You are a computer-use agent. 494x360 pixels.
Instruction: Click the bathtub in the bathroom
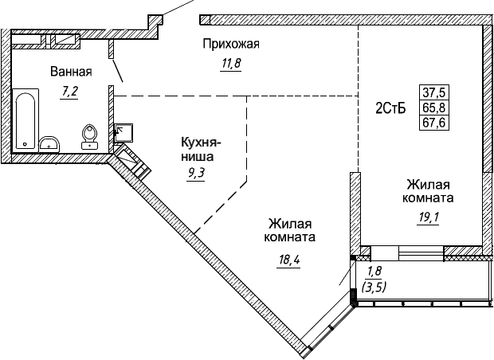25,119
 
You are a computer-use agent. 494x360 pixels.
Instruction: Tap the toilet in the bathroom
89,138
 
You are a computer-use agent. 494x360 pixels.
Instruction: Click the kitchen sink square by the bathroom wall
123,132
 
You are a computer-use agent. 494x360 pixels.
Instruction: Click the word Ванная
71,72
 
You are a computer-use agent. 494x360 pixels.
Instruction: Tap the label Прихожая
232,43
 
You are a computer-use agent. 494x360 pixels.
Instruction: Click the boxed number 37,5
434,92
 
